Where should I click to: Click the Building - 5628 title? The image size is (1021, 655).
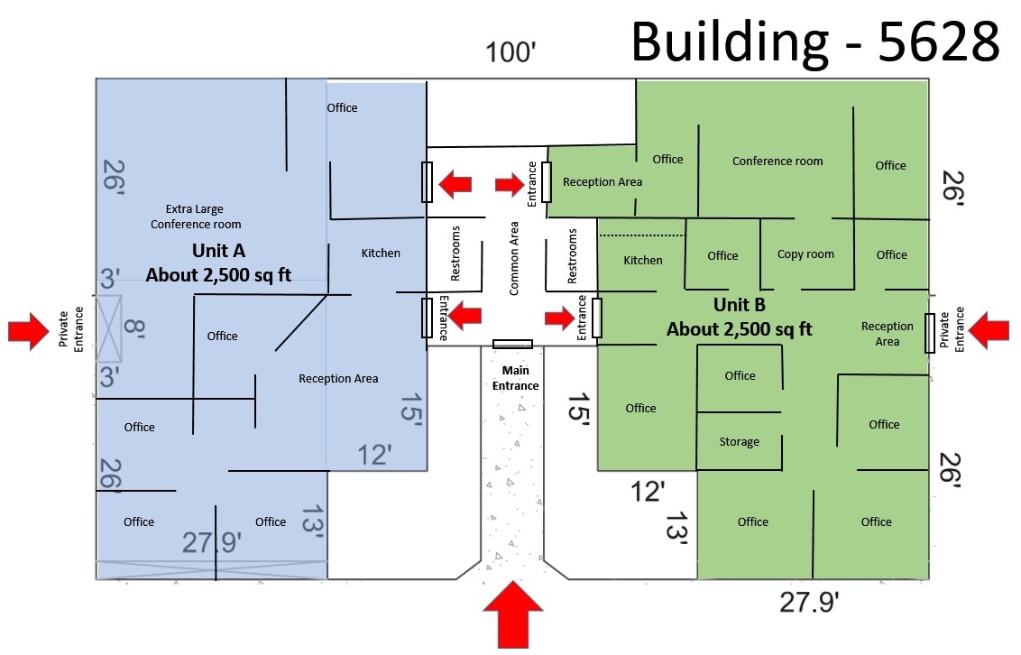coord(815,42)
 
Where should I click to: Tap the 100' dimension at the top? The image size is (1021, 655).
coord(511,52)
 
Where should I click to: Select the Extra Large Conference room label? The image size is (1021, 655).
coord(196,217)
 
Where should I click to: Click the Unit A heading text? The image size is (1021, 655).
coord(219,251)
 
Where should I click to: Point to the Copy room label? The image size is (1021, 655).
coord(805,254)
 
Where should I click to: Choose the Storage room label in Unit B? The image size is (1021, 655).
coord(739,442)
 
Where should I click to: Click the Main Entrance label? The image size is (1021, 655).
coord(515,378)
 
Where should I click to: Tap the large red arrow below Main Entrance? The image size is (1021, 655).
coord(513,614)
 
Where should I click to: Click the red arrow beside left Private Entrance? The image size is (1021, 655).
coord(29,331)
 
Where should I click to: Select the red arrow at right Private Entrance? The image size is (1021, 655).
coord(989,330)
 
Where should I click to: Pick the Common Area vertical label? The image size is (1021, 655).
coord(514,259)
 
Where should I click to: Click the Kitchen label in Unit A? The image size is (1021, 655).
coord(381,254)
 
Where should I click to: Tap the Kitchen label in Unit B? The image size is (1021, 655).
coord(643,261)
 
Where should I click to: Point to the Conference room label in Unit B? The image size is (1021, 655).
coord(777,161)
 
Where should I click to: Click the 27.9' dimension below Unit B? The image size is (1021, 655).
coord(809,602)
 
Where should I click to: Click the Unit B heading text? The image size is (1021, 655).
coord(739,305)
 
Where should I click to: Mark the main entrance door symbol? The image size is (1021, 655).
coord(512,344)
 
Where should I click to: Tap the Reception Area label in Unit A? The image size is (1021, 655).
coord(338,379)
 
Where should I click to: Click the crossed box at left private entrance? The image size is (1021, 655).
coord(109,328)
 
